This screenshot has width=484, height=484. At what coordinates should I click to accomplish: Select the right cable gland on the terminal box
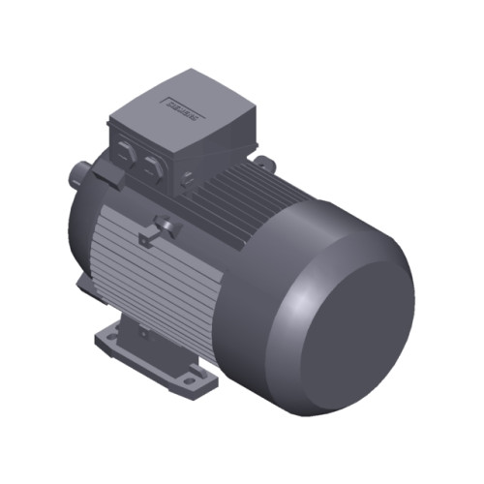(150, 166)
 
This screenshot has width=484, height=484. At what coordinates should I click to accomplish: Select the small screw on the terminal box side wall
(188, 177)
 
